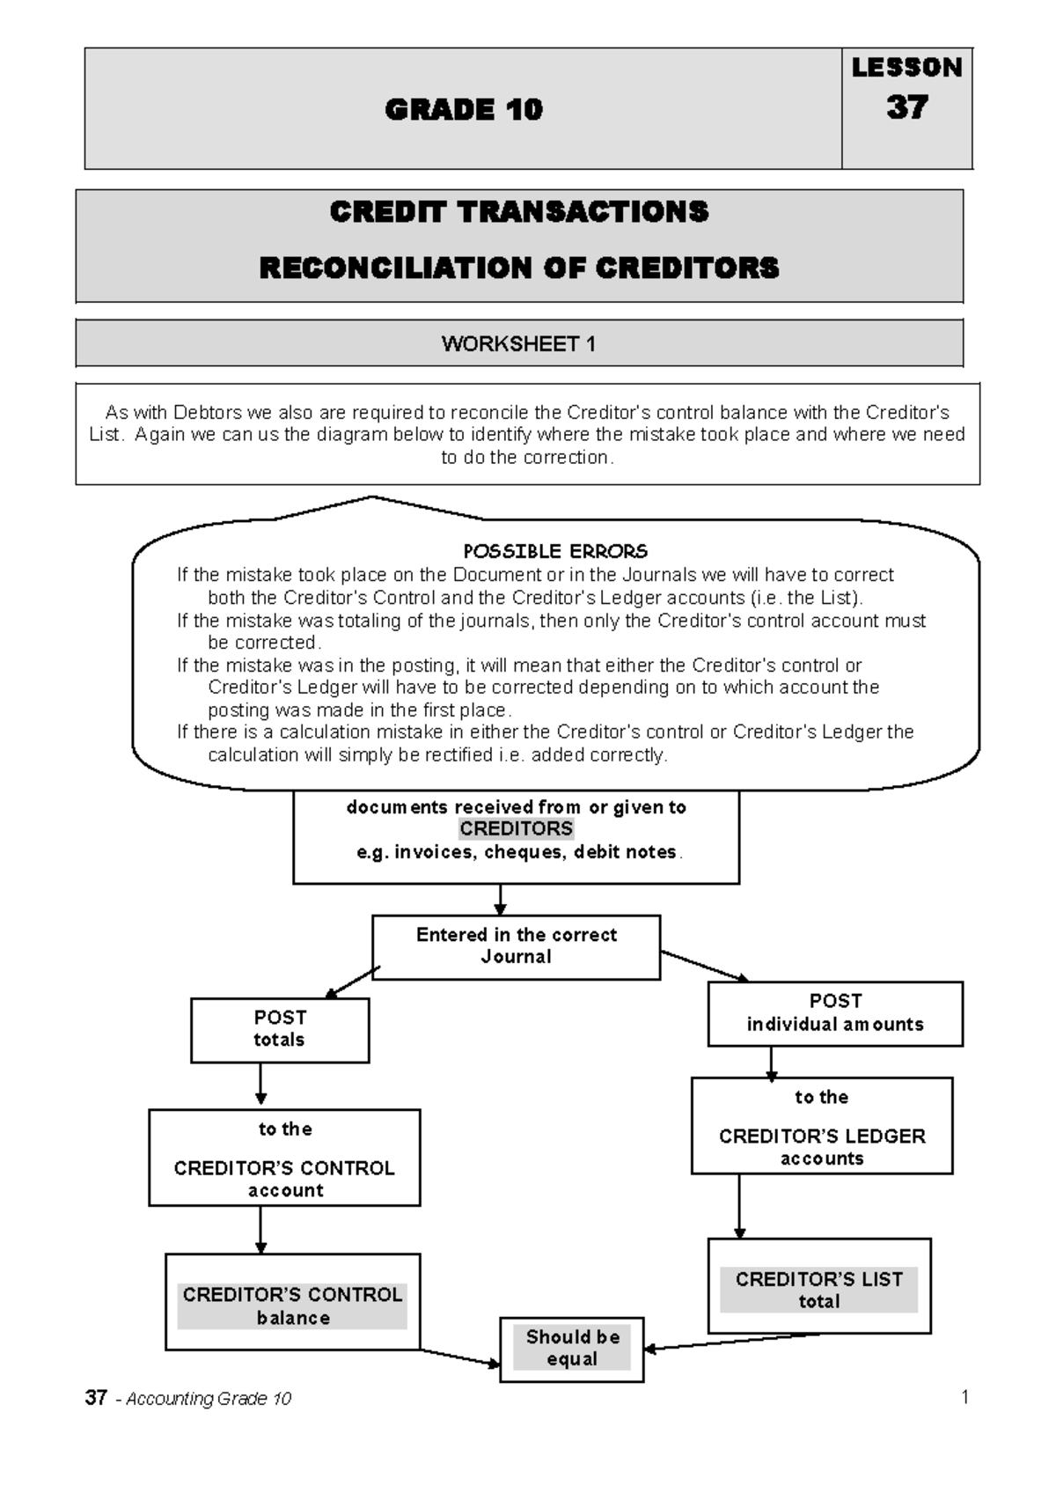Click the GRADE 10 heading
(x=464, y=109)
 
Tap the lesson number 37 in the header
(x=906, y=107)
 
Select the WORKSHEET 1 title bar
(x=519, y=343)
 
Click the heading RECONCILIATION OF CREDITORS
(x=519, y=268)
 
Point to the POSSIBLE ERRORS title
(x=555, y=551)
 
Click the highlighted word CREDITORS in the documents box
(x=517, y=828)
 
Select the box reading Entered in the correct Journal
(x=517, y=946)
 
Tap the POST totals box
(x=280, y=1029)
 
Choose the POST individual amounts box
(x=835, y=1013)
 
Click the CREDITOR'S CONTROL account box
(x=284, y=1158)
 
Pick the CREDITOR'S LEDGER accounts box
(x=822, y=1126)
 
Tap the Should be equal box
(x=572, y=1349)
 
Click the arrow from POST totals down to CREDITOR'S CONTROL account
(x=260, y=1085)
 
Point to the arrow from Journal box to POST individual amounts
(x=704, y=966)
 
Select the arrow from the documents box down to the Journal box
(x=500, y=899)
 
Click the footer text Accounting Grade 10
(x=208, y=1399)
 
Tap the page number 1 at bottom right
(x=964, y=1396)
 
